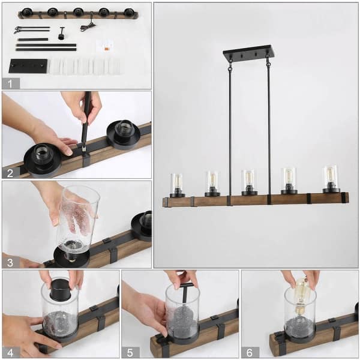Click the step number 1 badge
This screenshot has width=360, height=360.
tap(11, 83)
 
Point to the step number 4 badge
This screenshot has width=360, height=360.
tap(11, 352)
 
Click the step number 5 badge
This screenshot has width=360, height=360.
tap(131, 352)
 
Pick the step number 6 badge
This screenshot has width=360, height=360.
tap(250, 352)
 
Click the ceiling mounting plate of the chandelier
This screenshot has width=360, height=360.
tap(248, 54)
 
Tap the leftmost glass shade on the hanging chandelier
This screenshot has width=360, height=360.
tap(176, 184)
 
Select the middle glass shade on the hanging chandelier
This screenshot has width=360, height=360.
tap(249, 181)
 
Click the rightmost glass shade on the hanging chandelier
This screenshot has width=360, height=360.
tap(331, 178)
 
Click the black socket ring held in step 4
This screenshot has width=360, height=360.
tap(60, 289)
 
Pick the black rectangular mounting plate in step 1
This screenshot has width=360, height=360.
tap(28, 65)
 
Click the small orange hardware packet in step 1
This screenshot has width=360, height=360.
tap(106, 44)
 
